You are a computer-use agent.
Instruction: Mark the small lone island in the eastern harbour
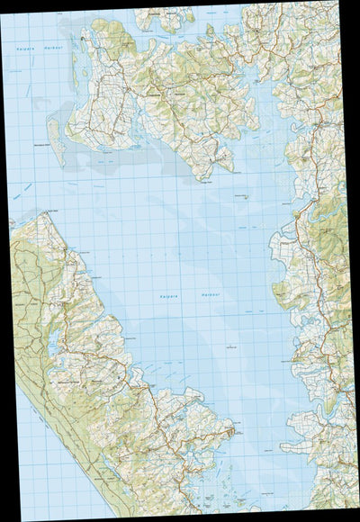[x=244, y=200]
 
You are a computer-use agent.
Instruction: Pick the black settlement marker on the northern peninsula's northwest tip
[x=83, y=40]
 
